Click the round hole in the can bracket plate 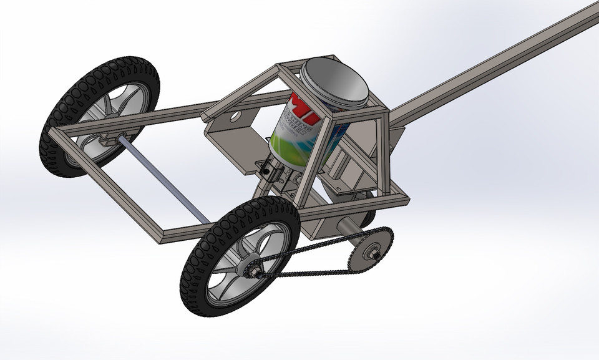click(x=235, y=115)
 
